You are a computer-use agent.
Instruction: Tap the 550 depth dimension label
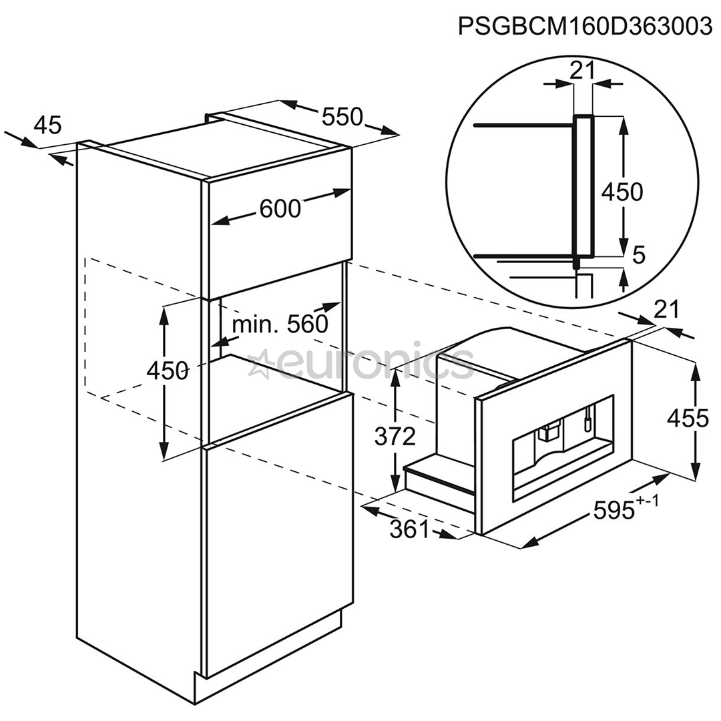(342, 117)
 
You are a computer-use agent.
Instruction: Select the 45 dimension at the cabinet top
(48, 125)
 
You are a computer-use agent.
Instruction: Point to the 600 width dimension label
(280, 209)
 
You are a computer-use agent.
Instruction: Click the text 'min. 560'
(280, 324)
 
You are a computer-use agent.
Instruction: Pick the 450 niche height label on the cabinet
(168, 371)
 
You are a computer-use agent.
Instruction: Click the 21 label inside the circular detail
(583, 71)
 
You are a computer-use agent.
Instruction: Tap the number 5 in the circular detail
(639, 255)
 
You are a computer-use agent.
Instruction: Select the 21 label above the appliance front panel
(666, 310)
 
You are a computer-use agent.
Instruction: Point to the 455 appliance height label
(688, 419)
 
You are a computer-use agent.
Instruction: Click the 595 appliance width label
(615, 510)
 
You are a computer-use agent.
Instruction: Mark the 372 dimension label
(395, 437)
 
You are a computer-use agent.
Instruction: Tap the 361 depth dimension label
(409, 529)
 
